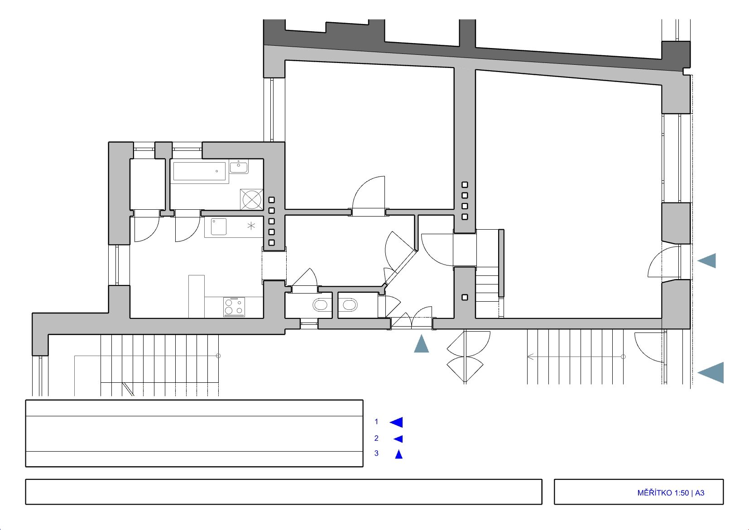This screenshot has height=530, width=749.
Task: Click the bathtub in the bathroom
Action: [x=199, y=172]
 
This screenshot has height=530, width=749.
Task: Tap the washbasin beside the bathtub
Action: [x=239, y=167]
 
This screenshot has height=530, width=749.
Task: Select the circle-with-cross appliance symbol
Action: [x=252, y=200]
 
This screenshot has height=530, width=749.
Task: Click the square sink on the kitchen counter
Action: [x=219, y=226]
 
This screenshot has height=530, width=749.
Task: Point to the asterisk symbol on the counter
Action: [x=251, y=226]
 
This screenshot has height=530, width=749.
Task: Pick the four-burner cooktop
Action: [x=234, y=307]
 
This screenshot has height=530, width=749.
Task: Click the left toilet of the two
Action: [x=320, y=305]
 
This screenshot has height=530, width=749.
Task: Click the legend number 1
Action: [x=376, y=422]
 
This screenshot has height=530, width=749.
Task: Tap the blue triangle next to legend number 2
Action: [x=398, y=438]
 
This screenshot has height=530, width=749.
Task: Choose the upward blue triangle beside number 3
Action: [x=399, y=454]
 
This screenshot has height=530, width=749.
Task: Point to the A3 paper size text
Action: [x=700, y=493]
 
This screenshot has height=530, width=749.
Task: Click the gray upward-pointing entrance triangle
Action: [x=421, y=344]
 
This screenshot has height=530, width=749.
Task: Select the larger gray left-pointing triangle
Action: [x=711, y=372]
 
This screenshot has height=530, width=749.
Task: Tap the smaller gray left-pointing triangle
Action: [x=707, y=260]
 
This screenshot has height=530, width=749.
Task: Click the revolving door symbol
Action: [x=465, y=357]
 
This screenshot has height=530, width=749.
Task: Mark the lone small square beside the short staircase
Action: [x=465, y=297]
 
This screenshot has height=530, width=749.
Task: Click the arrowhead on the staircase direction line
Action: [x=530, y=357]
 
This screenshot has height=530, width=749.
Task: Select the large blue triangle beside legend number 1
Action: [x=397, y=422]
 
